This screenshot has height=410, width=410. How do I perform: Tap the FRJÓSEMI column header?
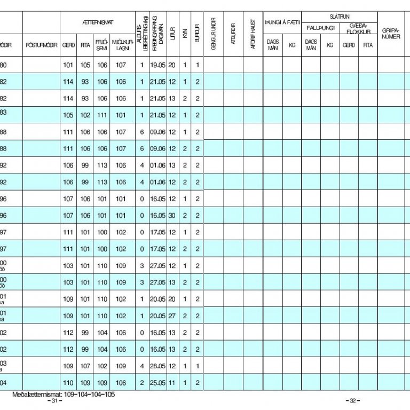coord(102,45)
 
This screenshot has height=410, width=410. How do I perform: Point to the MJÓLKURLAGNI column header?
coord(121,45)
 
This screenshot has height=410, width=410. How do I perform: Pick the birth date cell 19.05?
coord(157,65)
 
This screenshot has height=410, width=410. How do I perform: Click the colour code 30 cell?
coord(172,216)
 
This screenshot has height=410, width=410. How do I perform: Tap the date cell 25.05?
coord(157,383)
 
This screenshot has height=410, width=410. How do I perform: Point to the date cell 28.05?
coord(157,366)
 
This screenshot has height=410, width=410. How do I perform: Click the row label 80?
coord(4,65)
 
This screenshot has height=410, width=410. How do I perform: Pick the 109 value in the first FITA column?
coord(85,383)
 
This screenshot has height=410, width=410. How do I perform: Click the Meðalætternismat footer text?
coord(64,395)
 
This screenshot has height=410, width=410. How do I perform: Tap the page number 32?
coord(352,401)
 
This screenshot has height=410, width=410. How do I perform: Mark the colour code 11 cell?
coord(172,383)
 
